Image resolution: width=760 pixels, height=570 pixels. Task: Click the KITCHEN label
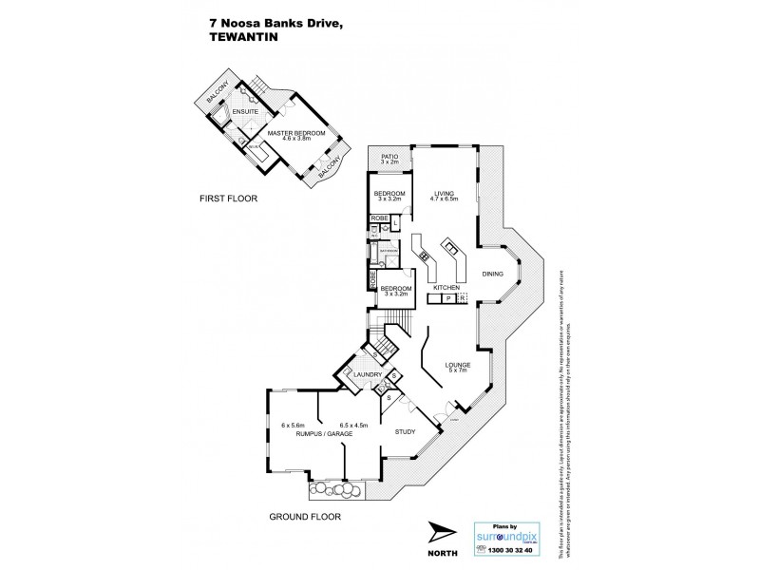pos(446,287)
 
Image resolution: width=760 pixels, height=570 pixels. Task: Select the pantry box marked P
pos(447,299)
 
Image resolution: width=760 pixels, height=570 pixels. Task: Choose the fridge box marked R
pos(462,299)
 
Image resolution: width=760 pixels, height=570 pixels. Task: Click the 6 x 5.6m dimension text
pos(292,425)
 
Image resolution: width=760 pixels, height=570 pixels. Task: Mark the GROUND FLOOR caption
pos(304,517)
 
